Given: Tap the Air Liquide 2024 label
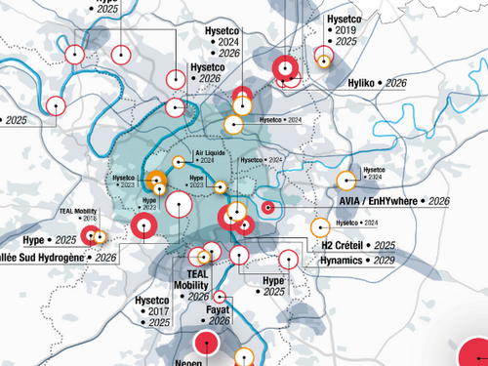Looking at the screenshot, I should coord(214,157).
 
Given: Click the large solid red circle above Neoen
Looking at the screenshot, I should coord(206,344).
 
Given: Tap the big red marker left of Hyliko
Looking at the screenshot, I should coord(284,68).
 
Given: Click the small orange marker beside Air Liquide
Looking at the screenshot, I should coord(178,162).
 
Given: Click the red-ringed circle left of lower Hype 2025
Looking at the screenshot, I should coord(239,256).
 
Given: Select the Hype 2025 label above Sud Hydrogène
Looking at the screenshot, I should coord(49,239).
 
